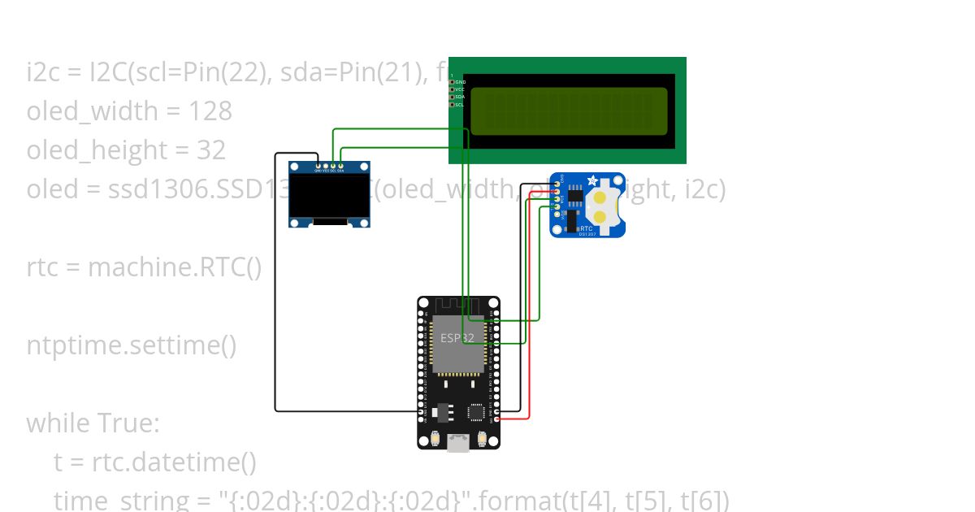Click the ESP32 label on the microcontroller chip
(457, 336)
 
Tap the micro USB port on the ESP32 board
(459, 443)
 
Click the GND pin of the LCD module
(452, 82)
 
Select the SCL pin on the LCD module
(452, 104)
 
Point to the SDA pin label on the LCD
(460, 97)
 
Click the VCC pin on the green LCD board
(452, 89)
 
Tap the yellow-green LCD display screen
(569, 111)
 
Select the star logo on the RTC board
(592, 180)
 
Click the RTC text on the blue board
(586, 228)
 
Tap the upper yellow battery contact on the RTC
(600, 197)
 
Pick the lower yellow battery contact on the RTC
(600, 216)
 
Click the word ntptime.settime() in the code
(132, 345)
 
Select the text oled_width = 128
(129, 111)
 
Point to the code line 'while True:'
(93, 423)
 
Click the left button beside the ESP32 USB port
(436, 440)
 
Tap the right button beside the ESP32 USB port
(483, 440)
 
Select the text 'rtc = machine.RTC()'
(144, 267)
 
